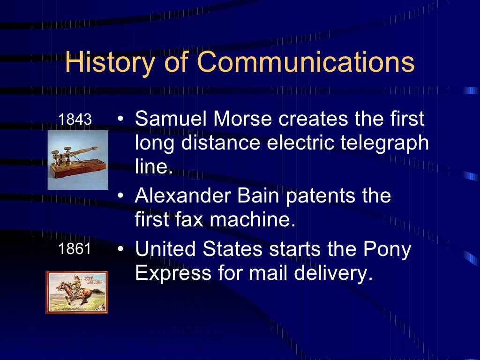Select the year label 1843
coord(75,120)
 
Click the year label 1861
coord(75,249)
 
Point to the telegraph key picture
coord(78,160)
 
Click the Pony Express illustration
coord(77,292)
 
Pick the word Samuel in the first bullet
coord(171,119)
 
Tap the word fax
coord(193,219)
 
